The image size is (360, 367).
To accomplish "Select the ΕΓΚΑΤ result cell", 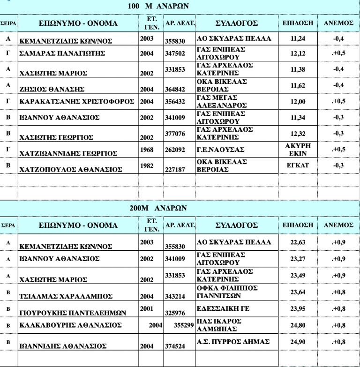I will (298, 165).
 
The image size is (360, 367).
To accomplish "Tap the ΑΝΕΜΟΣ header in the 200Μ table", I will (338, 225).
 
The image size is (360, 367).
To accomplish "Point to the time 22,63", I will (298, 242).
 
